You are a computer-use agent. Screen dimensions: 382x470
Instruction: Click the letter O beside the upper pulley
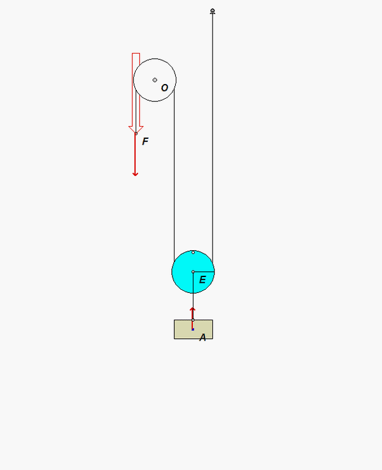164,88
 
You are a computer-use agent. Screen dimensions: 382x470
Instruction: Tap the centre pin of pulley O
155,80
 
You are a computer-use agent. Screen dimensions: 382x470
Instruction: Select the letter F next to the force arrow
145,141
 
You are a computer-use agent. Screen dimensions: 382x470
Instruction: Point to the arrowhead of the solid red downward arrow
135,174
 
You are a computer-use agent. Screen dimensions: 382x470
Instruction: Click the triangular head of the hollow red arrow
136,129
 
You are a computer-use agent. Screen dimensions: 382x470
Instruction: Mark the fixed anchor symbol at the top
213,11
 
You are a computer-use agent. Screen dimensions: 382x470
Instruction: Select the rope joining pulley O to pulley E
174,174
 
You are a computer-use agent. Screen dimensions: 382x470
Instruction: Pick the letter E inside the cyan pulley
202,280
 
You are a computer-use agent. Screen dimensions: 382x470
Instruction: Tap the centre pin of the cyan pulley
193,272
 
